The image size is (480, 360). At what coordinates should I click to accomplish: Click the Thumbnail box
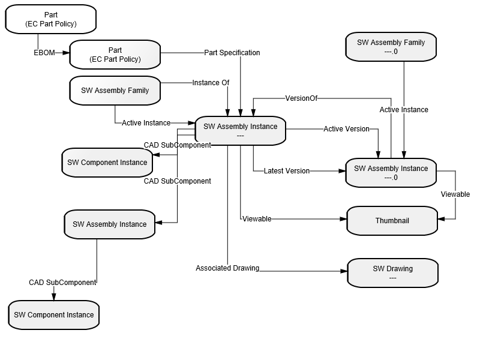pyautogui.click(x=392, y=221)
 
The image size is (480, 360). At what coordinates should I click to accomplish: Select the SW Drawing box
pyautogui.click(x=393, y=273)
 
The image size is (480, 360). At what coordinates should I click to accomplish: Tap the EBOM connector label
pyautogui.click(x=44, y=53)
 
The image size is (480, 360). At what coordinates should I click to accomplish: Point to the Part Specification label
pyautogui.click(x=232, y=53)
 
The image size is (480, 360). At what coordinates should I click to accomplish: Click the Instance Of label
pyautogui.click(x=211, y=83)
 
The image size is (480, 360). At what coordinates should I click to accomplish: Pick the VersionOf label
pyautogui.click(x=301, y=98)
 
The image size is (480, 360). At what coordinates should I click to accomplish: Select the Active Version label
pyautogui.click(x=347, y=129)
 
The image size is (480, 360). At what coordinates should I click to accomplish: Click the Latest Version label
pyautogui.click(x=287, y=171)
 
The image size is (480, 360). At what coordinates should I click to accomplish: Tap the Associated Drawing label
pyautogui.click(x=227, y=268)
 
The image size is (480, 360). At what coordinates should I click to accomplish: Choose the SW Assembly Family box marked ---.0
pyautogui.click(x=391, y=47)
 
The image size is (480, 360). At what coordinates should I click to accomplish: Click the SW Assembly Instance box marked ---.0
pyautogui.click(x=391, y=173)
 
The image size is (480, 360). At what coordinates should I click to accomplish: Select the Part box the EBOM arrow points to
pyautogui.click(x=115, y=55)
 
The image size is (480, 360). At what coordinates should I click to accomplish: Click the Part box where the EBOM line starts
pyautogui.click(x=51, y=19)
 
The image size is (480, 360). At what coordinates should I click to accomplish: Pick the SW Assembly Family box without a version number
pyautogui.click(x=115, y=91)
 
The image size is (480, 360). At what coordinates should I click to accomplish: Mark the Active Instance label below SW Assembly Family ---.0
pyautogui.click(x=404, y=110)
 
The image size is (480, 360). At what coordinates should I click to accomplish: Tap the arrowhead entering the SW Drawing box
pyautogui.click(x=344, y=271)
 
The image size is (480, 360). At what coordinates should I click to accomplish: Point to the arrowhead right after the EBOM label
pyautogui.click(x=66, y=53)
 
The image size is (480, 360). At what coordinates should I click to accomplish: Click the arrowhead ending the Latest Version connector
pyautogui.click(x=342, y=171)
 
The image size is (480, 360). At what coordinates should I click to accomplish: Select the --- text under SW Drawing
pyautogui.click(x=393, y=278)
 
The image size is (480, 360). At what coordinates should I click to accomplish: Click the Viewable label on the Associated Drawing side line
pyautogui.click(x=257, y=219)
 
